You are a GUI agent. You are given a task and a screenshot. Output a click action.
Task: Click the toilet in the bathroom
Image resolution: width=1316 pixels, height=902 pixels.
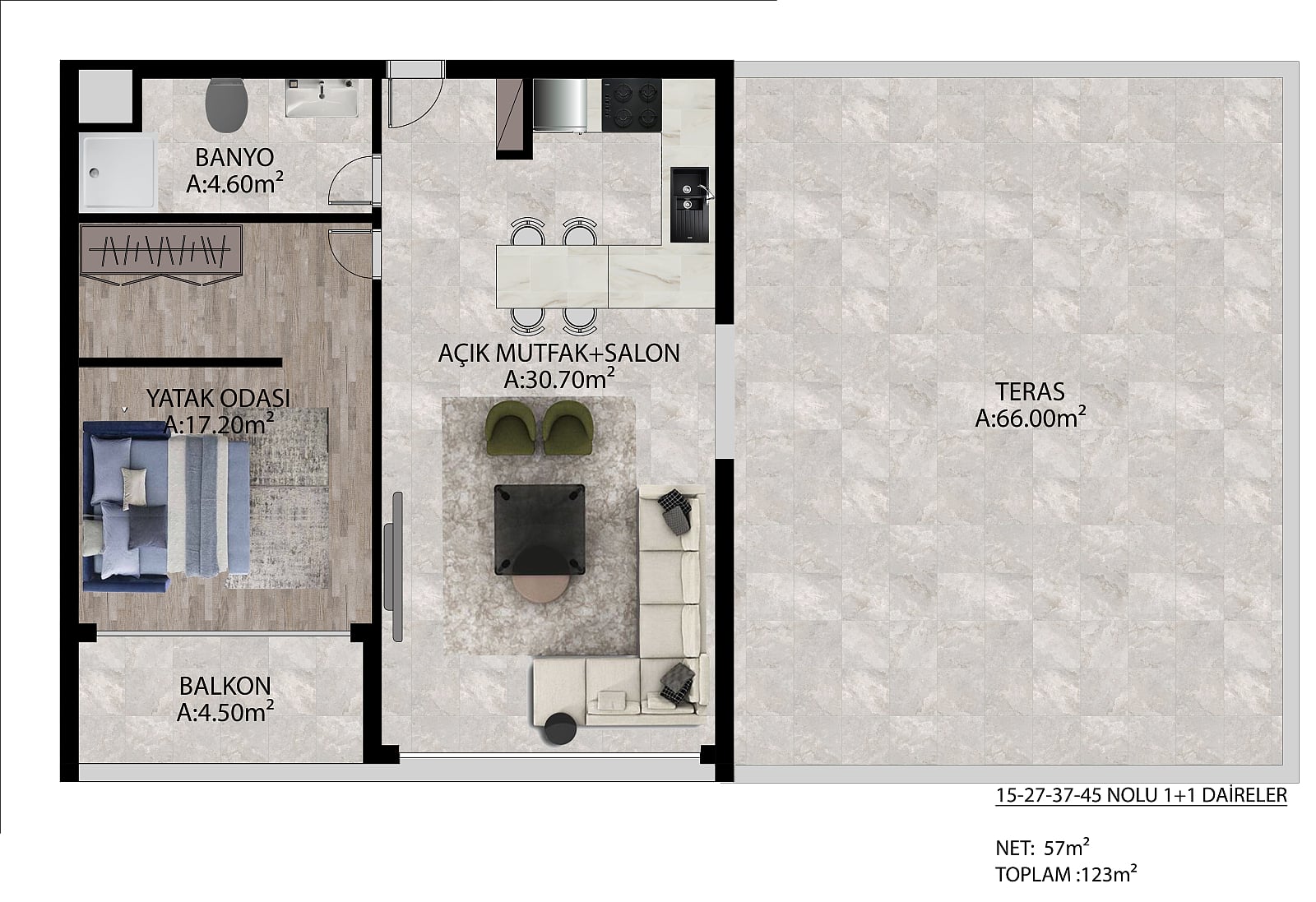[227, 105]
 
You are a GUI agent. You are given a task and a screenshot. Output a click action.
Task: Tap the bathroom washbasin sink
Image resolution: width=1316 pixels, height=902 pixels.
[322, 98]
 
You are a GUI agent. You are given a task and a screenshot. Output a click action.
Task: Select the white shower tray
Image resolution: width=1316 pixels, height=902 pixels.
[118, 172]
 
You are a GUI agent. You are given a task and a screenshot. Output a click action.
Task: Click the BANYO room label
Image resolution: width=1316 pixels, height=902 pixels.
[234, 157]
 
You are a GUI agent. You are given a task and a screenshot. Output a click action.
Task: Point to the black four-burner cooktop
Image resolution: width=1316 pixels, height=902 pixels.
[632, 105]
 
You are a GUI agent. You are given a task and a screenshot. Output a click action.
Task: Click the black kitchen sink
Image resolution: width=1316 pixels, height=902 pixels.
[690, 205]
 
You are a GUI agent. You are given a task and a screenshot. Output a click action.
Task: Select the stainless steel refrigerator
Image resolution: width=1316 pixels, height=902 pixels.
[560, 104]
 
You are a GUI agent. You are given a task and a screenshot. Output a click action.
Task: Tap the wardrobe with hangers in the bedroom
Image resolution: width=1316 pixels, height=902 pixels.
[161, 251]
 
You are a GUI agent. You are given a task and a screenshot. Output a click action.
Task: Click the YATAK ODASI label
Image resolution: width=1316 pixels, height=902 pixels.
[218, 398]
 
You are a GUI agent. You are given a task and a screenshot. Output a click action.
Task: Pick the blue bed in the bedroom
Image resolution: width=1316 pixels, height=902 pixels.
[166, 506]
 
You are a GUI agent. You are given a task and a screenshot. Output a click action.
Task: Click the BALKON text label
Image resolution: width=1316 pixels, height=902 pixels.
[225, 686]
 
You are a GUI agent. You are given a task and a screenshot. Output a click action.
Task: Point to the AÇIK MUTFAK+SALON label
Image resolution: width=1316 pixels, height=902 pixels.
[558, 353]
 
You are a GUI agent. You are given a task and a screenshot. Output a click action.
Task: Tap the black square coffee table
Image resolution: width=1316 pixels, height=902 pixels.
[540, 529]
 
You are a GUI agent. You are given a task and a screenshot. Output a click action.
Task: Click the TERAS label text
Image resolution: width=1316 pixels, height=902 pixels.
[1030, 391]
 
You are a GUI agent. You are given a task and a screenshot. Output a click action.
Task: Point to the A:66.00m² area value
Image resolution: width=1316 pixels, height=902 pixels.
[1030, 419]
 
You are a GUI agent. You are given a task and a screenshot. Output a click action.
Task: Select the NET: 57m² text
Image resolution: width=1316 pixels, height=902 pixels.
[1042, 848]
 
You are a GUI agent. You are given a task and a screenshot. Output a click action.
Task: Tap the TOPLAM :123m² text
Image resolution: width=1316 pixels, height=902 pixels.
[1066, 874]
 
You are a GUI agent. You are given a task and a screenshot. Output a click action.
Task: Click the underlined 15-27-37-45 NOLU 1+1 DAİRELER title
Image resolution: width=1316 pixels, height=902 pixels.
[1141, 795]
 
